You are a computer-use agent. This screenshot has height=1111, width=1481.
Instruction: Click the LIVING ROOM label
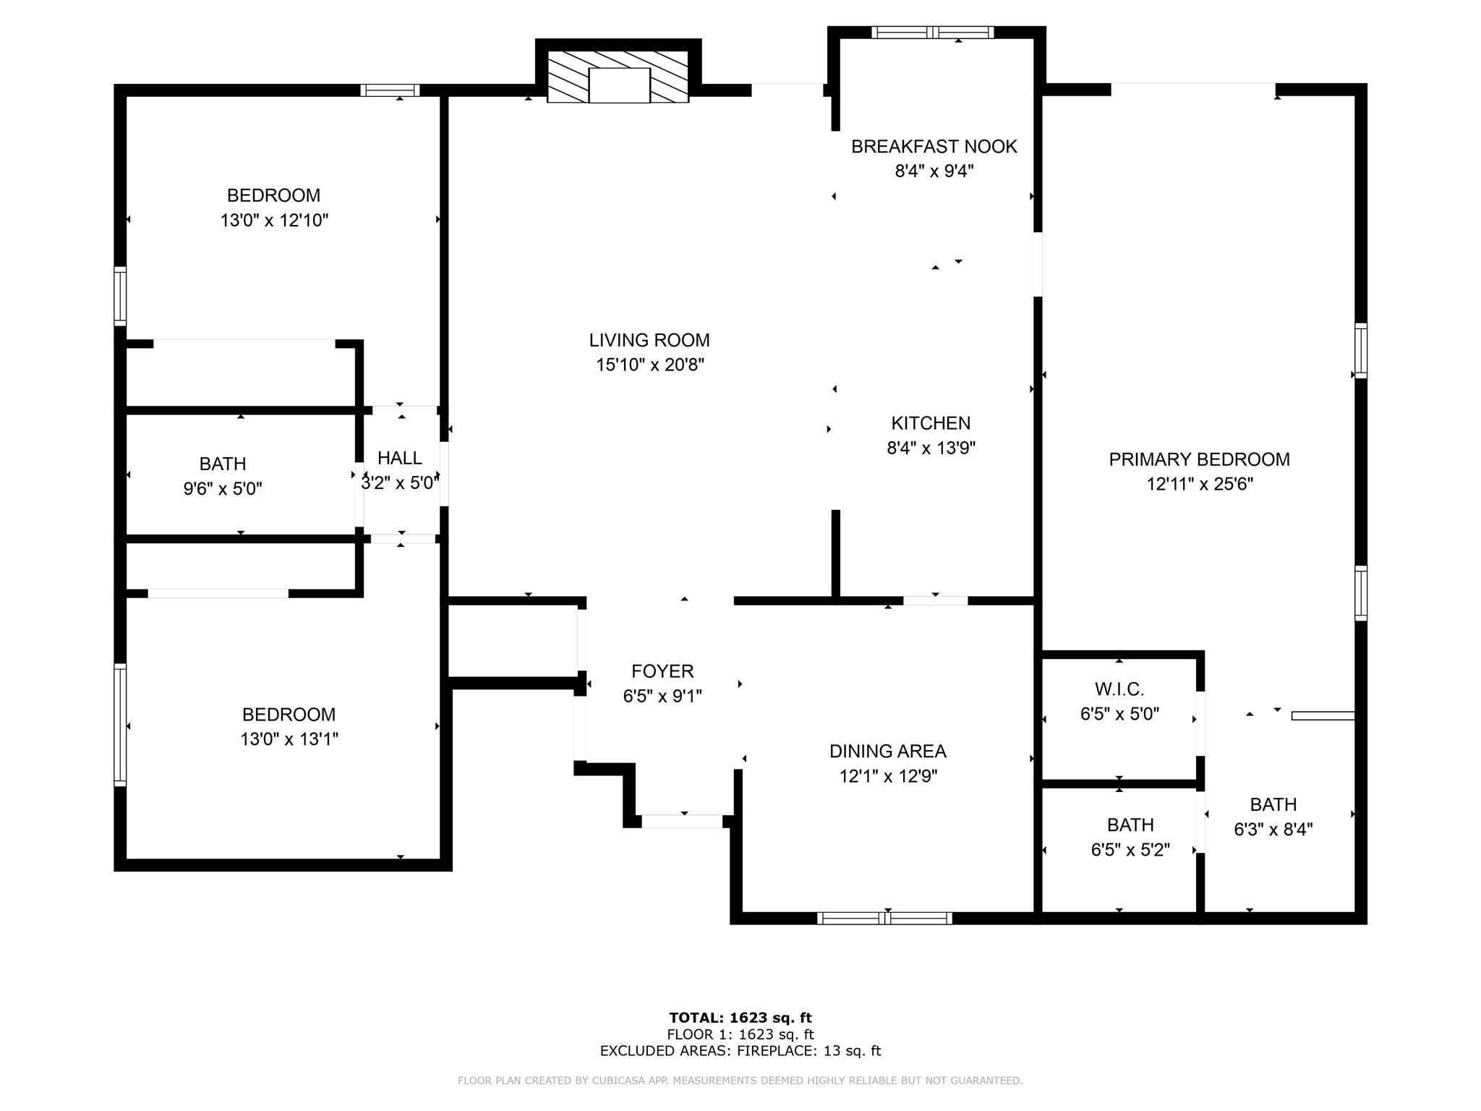tap(649, 340)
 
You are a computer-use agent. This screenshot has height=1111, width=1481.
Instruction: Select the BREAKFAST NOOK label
tap(934, 147)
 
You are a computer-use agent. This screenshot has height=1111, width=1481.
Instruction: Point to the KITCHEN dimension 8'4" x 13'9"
tap(931, 448)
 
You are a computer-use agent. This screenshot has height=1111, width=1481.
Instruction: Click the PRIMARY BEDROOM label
tap(1199, 459)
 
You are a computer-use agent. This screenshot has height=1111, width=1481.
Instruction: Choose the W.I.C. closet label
tap(1119, 689)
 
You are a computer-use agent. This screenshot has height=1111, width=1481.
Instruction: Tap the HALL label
tap(399, 458)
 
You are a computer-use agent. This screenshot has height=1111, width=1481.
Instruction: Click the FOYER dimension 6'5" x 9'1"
tap(662, 696)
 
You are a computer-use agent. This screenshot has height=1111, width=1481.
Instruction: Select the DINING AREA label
tap(887, 752)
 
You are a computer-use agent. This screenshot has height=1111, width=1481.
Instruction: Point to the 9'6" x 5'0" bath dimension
tap(223, 488)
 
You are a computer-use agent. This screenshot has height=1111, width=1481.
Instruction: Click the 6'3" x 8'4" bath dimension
tap(1273, 829)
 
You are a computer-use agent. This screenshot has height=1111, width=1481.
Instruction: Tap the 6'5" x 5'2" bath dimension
tap(1130, 849)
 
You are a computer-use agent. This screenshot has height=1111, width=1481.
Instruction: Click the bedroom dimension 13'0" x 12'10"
tap(274, 220)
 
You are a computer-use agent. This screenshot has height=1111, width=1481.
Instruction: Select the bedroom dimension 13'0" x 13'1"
tap(289, 739)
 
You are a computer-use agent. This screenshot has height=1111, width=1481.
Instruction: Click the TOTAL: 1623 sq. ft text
tap(740, 1018)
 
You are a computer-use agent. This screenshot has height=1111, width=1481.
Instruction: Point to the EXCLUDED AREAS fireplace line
tap(740, 1051)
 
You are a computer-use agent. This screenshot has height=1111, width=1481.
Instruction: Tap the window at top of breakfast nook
tap(932, 32)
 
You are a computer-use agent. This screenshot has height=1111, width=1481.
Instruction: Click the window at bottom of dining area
tap(884, 919)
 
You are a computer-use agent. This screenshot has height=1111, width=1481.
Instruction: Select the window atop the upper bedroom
tap(390, 90)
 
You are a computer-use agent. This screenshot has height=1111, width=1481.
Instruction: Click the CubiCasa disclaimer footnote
tap(740, 1081)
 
